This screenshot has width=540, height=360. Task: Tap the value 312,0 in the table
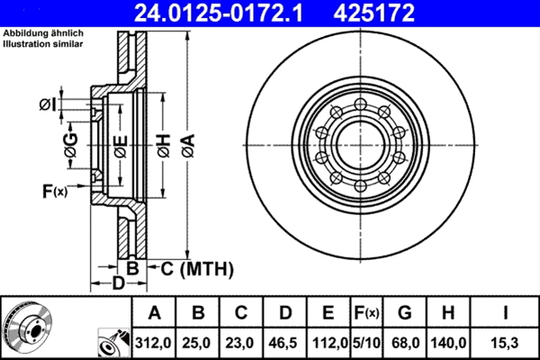click(x=154, y=342)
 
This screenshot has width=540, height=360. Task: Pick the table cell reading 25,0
click(x=199, y=342)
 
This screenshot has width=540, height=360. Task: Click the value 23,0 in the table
click(x=242, y=342)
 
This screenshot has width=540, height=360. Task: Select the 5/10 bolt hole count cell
click(x=365, y=342)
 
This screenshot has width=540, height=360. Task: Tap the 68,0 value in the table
click(x=404, y=342)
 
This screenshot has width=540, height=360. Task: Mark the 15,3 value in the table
click(x=506, y=342)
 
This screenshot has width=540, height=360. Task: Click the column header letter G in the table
click(x=404, y=313)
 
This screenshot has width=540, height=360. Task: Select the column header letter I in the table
click(x=506, y=313)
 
